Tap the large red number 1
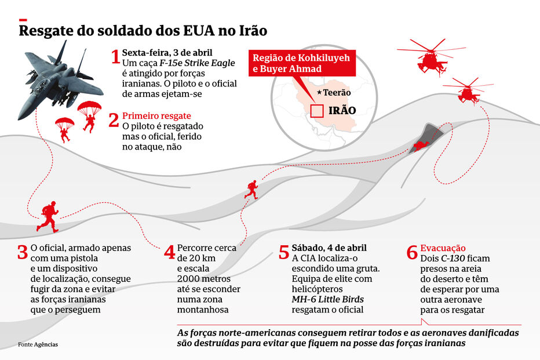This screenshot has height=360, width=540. [115, 57]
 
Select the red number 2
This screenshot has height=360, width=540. [114, 121]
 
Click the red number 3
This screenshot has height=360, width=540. [22, 253]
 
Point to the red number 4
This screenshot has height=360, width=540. [169, 253]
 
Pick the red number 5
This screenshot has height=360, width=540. [283, 253]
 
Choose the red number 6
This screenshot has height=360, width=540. [412, 253]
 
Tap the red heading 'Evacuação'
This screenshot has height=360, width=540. [443, 248]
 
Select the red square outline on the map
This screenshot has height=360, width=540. [317, 110]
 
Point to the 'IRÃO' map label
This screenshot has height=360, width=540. [342, 110]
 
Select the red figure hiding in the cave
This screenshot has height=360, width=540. [422, 144]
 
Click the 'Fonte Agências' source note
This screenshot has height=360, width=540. [38, 344]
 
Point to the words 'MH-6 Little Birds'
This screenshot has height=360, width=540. [328, 299]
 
